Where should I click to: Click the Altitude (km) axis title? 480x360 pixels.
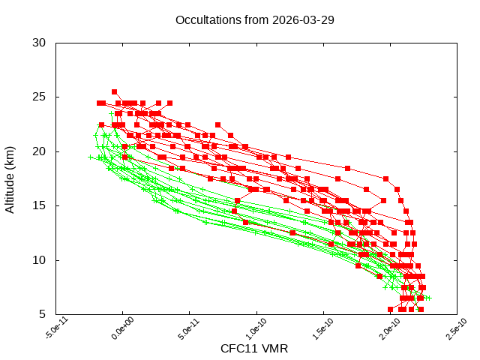tap(10, 178)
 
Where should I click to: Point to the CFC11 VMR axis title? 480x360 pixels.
tap(254, 349)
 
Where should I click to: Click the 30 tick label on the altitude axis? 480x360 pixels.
tap(40, 43)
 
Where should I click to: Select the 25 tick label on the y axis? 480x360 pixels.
tap(40, 97)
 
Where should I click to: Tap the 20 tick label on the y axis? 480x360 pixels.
tap(40, 151)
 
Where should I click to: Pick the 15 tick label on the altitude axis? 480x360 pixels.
tap(40, 205)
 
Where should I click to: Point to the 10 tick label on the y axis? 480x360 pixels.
tap(40, 260)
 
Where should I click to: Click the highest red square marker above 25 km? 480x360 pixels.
tap(114, 91)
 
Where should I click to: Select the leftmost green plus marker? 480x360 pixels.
tap(91, 157)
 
